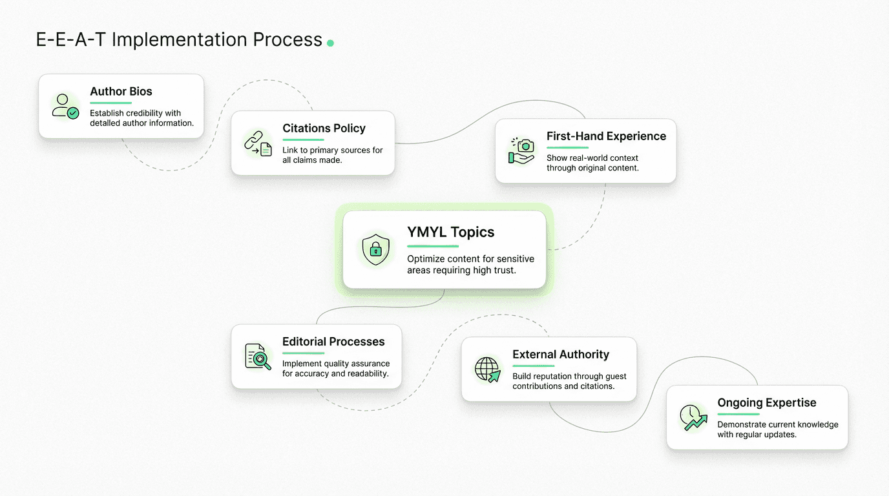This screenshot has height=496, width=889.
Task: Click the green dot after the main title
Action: point(330,43)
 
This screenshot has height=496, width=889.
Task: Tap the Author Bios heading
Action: point(121,92)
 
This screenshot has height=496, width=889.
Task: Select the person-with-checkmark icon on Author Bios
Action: point(65,107)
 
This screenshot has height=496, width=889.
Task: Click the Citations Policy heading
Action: point(324,129)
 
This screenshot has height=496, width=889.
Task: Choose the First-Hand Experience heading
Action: point(606,136)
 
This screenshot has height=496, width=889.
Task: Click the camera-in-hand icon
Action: point(522,151)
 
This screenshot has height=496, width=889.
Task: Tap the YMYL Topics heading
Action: point(450,232)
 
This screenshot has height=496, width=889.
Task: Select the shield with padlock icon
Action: point(375,249)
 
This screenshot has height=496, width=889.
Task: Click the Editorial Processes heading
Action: point(333,342)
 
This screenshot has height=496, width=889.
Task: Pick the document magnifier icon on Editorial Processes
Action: point(258,356)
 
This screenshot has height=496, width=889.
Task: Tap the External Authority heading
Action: point(561,355)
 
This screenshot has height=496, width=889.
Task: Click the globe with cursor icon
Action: point(488,369)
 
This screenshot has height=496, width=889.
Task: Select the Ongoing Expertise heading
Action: point(767,403)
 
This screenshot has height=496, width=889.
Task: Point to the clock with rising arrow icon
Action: point(693,418)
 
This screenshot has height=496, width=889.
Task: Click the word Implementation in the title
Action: point(178,40)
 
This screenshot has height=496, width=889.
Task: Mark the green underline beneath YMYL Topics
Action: point(432,246)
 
